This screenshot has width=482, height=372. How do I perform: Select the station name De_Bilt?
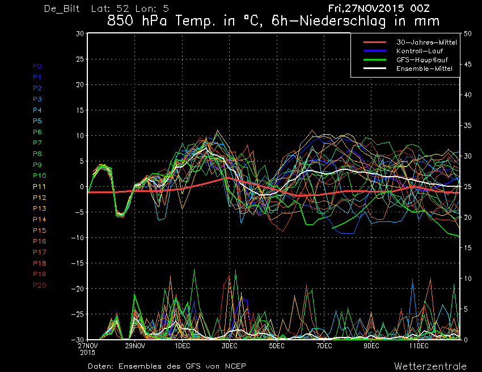pos(62,8)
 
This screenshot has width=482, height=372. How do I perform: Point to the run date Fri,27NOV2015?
pos(366,8)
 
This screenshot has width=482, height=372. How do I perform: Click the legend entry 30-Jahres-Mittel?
pos(426,42)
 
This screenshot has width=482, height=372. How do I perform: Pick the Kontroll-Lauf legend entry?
pos(419,51)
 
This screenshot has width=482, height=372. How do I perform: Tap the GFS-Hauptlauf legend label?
pos(422,60)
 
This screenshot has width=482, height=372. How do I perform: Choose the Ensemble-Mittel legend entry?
pos(424,69)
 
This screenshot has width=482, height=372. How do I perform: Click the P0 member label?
pos(37,66)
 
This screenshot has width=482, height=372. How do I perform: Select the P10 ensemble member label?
pos(39,176)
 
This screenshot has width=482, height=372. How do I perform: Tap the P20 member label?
pos(39,285)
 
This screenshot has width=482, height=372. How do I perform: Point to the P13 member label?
pos(39,208)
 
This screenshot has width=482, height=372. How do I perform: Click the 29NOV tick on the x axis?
pos(134,346)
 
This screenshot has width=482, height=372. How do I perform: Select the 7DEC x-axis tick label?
pos(324,346)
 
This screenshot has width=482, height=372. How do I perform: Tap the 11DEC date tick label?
pos(418,346)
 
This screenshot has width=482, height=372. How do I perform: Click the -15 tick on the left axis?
pos(78,263)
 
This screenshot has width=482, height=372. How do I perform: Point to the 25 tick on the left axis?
pos(79,59)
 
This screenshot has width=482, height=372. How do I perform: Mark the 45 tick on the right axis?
pos(468,64)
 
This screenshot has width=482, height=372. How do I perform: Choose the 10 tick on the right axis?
pos(468,279)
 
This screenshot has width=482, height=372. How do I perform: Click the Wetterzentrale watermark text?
pos(430,366)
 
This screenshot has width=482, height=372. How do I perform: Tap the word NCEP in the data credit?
pos(235,366)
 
